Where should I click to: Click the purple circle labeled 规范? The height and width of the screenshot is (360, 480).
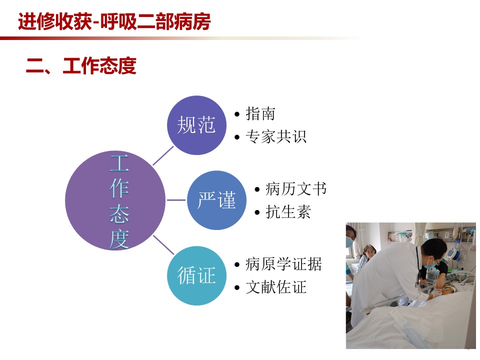coord(196,125)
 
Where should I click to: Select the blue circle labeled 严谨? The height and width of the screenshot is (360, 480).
coord(216,200)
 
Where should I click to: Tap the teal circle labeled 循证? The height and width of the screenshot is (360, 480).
coord(196,275)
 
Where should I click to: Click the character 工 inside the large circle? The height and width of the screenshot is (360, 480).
coord(119,163)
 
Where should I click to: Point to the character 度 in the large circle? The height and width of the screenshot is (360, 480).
coord(119,239)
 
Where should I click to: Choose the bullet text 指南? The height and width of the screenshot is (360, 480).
coord(260,114)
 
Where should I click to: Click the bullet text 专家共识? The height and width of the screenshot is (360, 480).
coord(276,136)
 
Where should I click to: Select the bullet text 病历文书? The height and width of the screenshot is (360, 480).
coord(296,189)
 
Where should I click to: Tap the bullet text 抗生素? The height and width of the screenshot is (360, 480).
coord(288,212)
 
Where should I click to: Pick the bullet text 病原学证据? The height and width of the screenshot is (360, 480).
coord(283,264)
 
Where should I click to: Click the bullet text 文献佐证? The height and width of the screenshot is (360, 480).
coord(276,287)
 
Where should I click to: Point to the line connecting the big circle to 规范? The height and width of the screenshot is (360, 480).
coord(163,156)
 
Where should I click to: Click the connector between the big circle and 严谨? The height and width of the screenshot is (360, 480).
coord(176,200)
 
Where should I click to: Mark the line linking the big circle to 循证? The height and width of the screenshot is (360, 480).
coord(163,245)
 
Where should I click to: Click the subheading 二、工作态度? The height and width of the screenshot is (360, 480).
coord(81,66)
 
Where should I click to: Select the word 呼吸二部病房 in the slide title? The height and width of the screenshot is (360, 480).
coord(155,21)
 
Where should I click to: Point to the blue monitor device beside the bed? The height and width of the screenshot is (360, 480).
coord(453,254)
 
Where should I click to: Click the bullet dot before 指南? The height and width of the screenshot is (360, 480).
coord(237,114)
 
